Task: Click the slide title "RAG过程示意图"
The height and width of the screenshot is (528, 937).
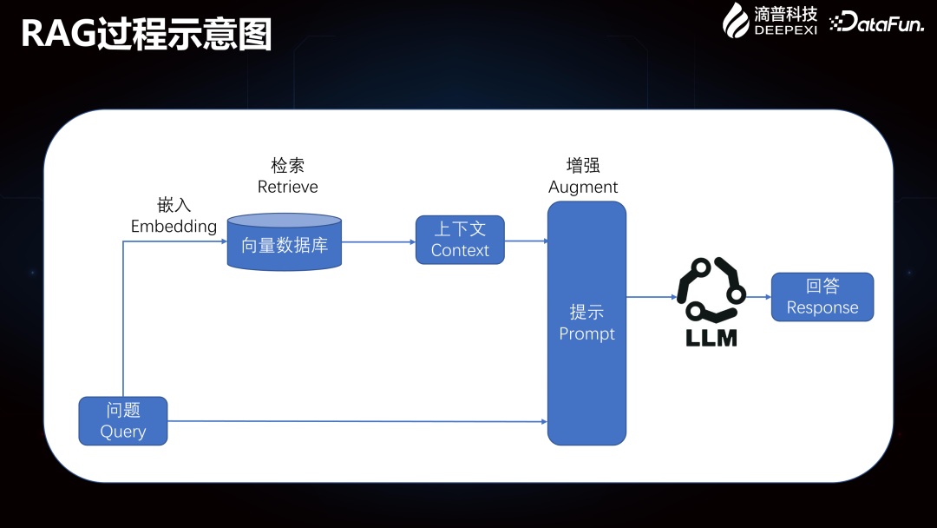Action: [x=146, y=35]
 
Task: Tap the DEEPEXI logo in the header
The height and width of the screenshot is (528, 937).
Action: [x=770, y=20]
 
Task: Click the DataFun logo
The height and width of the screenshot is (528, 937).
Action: [x=875, y=23]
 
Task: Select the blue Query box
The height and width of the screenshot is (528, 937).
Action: [x=123, y=421]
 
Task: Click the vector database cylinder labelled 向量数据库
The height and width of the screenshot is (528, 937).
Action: [x=285, y=243]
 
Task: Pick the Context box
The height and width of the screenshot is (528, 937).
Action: [x=460, y=240]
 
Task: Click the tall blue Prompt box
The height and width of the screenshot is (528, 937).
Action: [x=586, y=323]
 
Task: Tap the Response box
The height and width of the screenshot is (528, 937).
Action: [x=822, y=297]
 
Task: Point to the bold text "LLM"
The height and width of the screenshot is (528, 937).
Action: [x=711, y=338]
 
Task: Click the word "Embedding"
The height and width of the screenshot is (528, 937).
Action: [x=174, y=227]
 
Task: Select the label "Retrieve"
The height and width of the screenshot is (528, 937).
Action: [x=288, y=188]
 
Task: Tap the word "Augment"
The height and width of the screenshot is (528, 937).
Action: [x=583, y=188]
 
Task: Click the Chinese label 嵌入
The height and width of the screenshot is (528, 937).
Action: [x=174, y=206]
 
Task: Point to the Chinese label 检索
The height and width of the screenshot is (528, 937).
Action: [x=288, y=166]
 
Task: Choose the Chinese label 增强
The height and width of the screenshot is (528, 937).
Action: [x=583, y=166]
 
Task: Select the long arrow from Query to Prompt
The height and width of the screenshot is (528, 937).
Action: [x=356, y=421]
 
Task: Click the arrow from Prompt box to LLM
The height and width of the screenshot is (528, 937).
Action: [x=651, y=297]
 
